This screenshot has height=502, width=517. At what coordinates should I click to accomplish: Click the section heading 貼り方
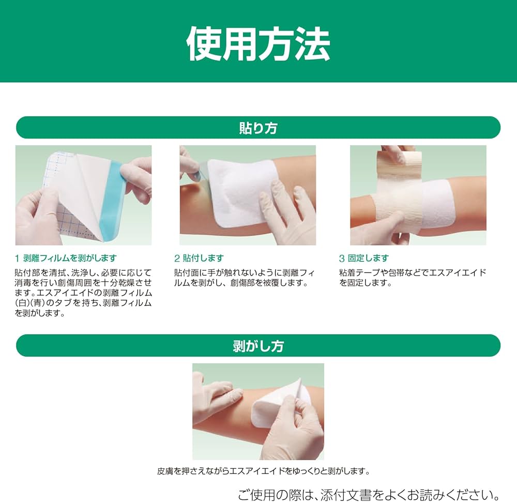258,128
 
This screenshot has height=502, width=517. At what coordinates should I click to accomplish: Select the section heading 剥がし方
258,345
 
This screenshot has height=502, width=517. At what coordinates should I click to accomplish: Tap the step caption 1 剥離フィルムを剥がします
66,258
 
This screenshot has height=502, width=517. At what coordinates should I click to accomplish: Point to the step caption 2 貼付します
199,258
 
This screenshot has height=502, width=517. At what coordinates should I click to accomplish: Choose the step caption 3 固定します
364,258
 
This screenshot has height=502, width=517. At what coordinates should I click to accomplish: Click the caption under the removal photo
263,471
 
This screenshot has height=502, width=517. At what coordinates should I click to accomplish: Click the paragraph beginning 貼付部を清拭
83,293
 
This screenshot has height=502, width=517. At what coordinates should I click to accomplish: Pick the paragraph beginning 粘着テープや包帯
413,278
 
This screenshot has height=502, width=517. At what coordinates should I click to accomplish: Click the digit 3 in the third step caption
342,258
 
